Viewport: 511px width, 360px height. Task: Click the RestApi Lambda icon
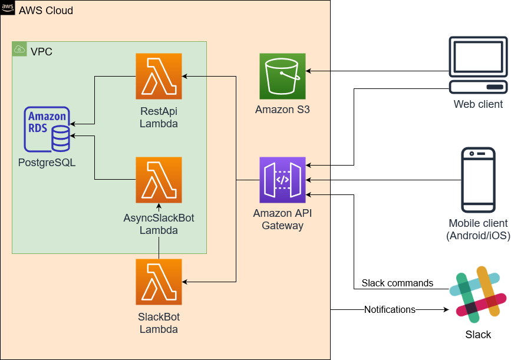point(159,76)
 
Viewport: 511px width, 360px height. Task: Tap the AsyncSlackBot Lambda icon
point(159,180)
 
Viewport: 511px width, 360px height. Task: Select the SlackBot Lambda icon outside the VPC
point(159,282)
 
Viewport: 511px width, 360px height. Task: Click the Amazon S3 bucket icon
point(282,76)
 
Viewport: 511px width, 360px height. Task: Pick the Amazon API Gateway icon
point(282,180)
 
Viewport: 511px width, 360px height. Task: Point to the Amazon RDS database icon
point(47,130)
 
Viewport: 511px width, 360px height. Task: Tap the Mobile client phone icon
point(478,180)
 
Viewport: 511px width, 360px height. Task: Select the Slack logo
point(478,295)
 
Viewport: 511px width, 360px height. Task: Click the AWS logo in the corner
point(8,8)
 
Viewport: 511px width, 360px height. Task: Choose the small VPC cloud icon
point(19,49)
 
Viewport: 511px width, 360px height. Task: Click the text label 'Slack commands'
point(397,283)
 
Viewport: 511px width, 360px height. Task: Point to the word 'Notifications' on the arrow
point(390,309)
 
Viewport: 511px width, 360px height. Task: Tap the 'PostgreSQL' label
point(47,162)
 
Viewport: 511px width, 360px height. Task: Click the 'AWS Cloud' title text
point(46,11)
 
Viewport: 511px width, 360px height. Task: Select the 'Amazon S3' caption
point(282,110)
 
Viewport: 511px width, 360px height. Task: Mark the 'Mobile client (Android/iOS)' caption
point(478,229)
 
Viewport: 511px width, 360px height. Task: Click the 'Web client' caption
point(478,104)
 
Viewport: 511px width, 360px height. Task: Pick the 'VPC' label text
point(41,51)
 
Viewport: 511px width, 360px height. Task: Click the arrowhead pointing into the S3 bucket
point(308,71)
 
